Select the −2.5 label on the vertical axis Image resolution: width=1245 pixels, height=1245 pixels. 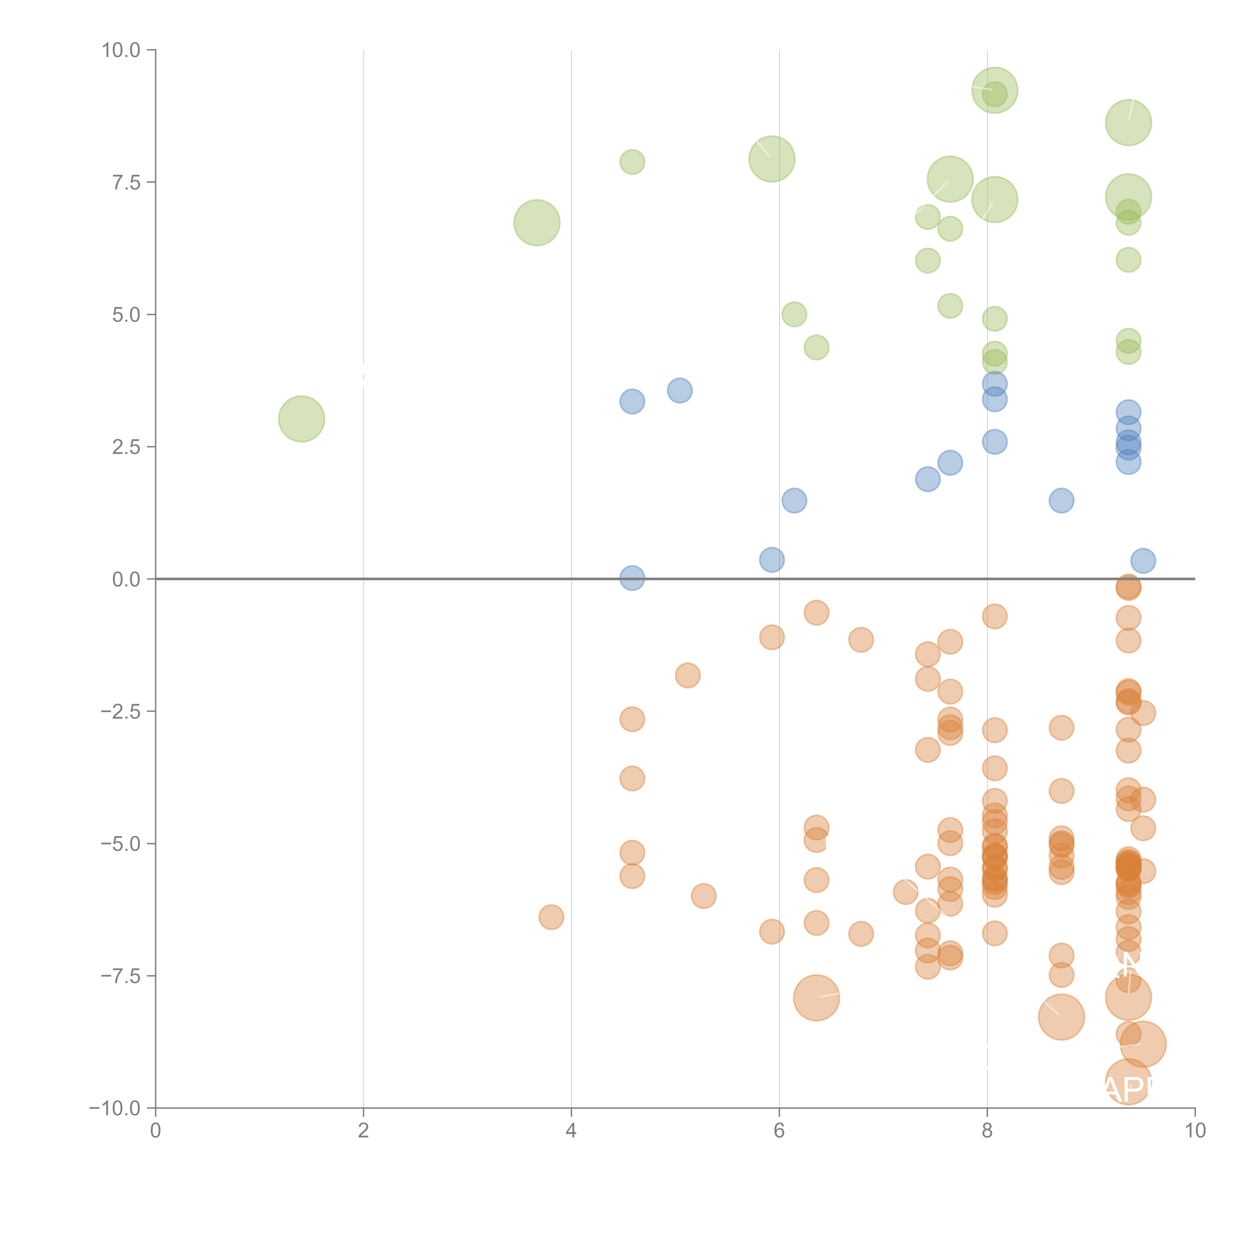121,711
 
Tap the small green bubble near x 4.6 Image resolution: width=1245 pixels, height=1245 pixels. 632,162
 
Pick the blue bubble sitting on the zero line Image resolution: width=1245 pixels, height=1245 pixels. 632,578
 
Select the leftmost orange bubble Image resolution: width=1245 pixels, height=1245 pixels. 551,916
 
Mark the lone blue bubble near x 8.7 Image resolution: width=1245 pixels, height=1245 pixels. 1061,501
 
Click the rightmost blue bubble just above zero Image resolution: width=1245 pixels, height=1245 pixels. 1143,561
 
